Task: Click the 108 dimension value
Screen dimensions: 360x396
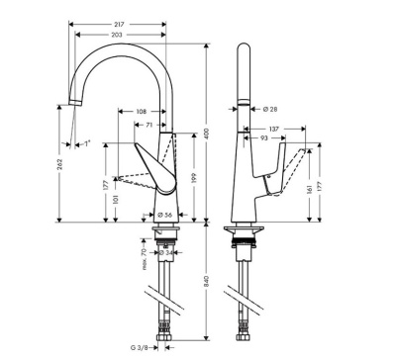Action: pyautogui.click(x=141, y=112)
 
